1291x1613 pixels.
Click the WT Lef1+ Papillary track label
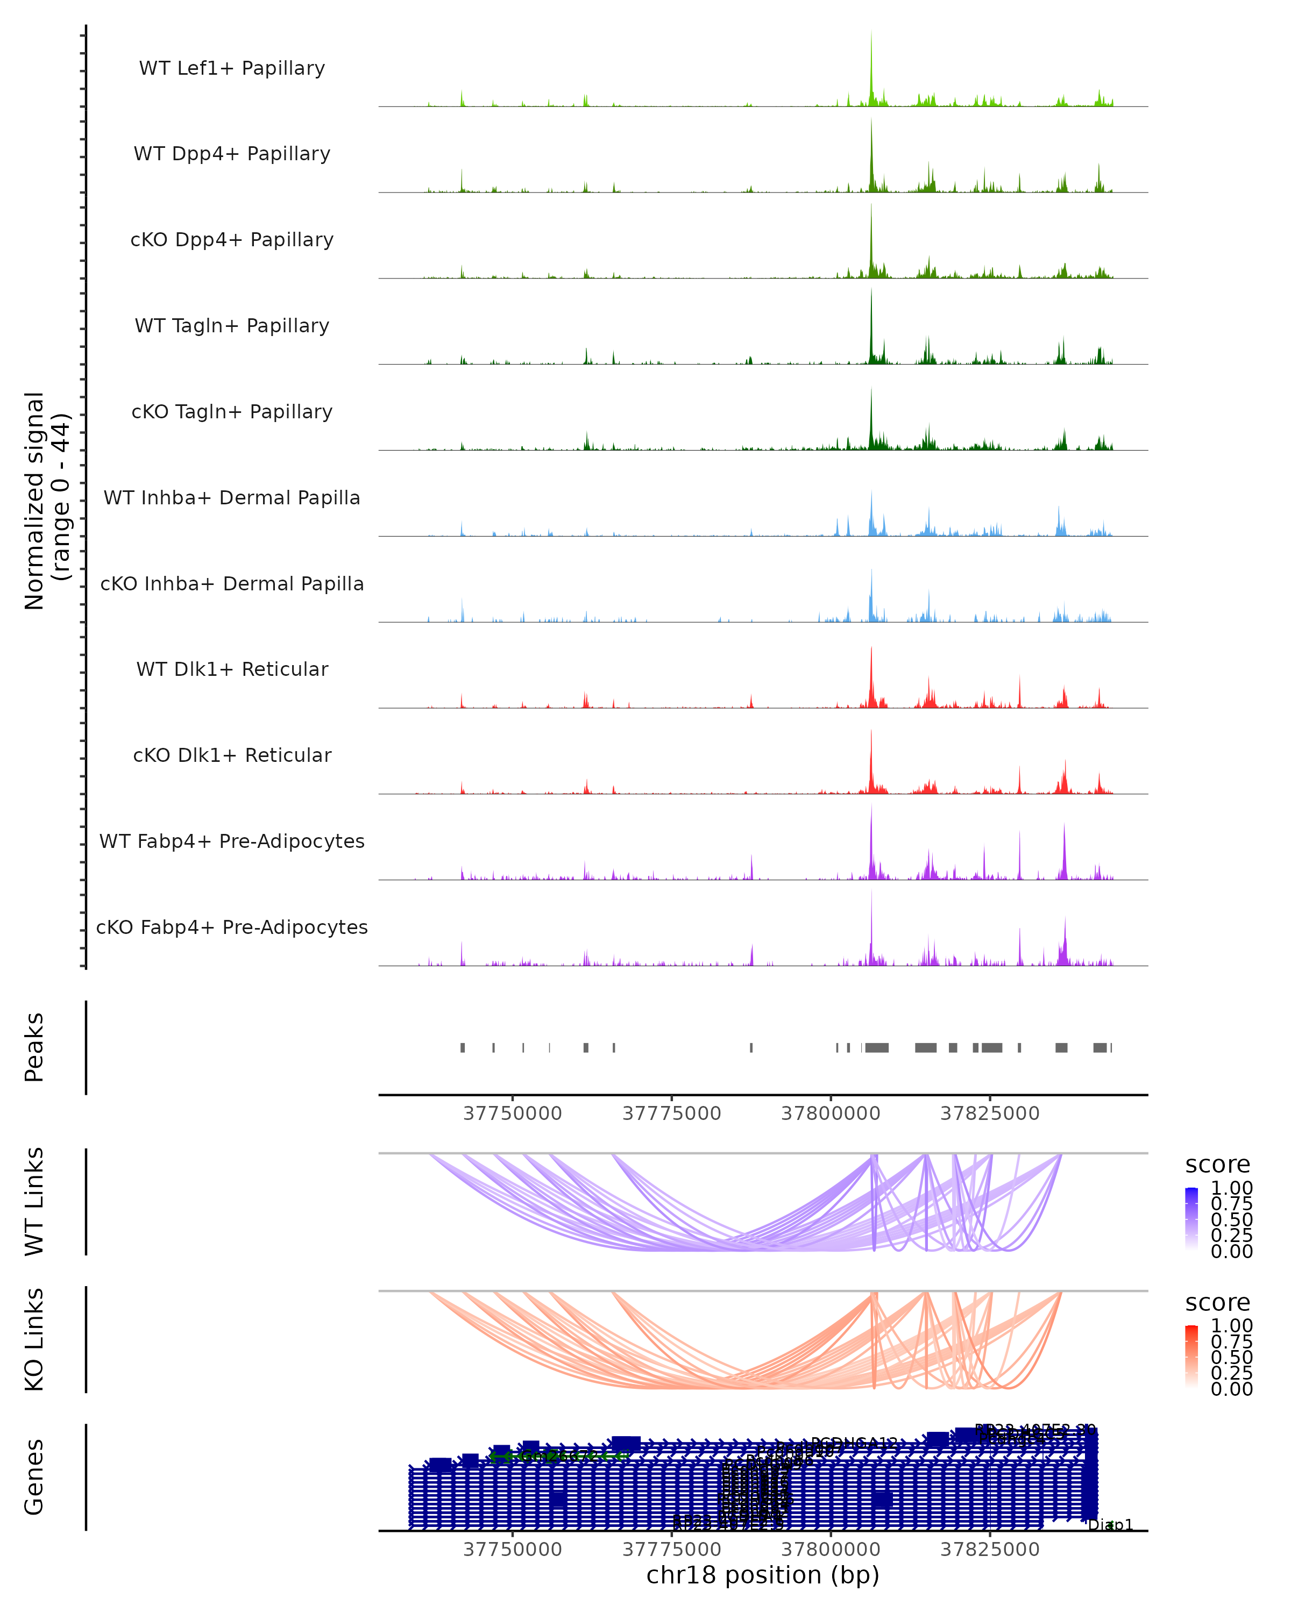tap(232, 69)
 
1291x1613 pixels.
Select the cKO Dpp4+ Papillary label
tap(232, 240)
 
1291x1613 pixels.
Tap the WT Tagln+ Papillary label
tap(232, 326)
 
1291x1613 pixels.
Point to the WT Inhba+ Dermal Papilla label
tap(232, 498)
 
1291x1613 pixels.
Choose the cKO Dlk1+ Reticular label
tap(232, 755)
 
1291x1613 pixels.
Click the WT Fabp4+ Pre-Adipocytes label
tap(232, 841)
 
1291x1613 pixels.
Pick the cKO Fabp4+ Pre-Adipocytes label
tap(232, 927)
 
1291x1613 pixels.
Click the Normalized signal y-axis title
tap(46, 501)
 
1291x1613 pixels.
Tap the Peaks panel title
tap(34, 1047)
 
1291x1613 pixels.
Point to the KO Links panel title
tap(34, 1340)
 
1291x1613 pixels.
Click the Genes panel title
tap(34, 1477)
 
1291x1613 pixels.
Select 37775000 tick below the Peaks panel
tap(671, 1114)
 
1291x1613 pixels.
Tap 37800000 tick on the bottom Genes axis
tap(831, 1550)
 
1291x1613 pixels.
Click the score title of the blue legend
tap(1218, 1165)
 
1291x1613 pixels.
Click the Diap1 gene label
tap(1111, 1525)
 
